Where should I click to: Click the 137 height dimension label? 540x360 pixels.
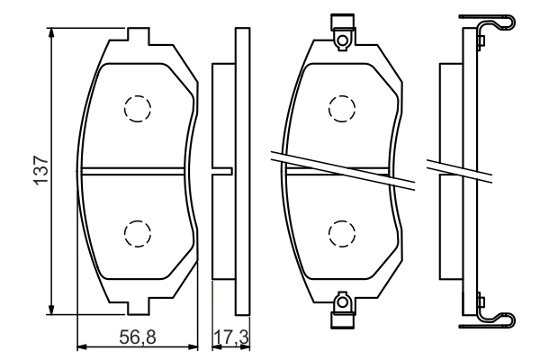tap(40, 170)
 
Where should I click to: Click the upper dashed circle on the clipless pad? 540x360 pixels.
tap(137, 108)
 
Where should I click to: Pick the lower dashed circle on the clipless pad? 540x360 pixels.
tap(137, 232)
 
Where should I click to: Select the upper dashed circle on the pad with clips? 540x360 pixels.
tap(343, 108)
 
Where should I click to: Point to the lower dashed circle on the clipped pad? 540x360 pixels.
tap(343, 232)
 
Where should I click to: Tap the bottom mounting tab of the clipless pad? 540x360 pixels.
tap(137, 302)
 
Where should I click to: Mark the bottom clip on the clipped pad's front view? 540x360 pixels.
tap(343, 311)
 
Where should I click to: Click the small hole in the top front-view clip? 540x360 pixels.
tap(343, 37)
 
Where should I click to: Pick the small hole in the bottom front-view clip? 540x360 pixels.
tap(343, 302)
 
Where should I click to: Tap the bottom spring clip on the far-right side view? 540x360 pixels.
tap(490, 314)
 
